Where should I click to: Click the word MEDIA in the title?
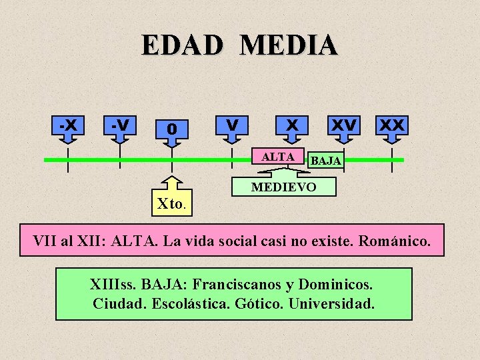coord(289,45)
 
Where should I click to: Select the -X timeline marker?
coord(67,125)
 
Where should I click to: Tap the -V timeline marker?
coord(120,125)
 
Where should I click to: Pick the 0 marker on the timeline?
coord(172,127)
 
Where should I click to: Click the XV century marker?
coord(344,125)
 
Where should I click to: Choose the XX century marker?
coord(392,125)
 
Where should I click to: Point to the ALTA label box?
coord(279,157)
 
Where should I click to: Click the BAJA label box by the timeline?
coord(326,161)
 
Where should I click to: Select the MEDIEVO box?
coord(283,187)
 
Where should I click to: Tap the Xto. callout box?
coord(173,203)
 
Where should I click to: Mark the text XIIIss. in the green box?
coord(113,285)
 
